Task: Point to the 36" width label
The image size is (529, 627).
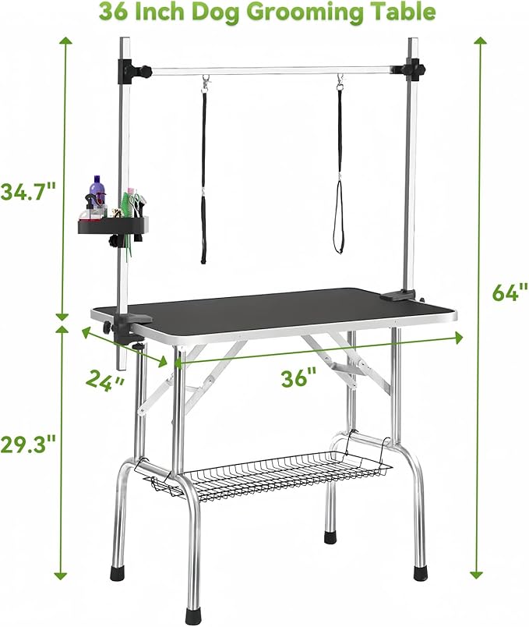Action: tap(300, 377)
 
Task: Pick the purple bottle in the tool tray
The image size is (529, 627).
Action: tap(96, 194)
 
